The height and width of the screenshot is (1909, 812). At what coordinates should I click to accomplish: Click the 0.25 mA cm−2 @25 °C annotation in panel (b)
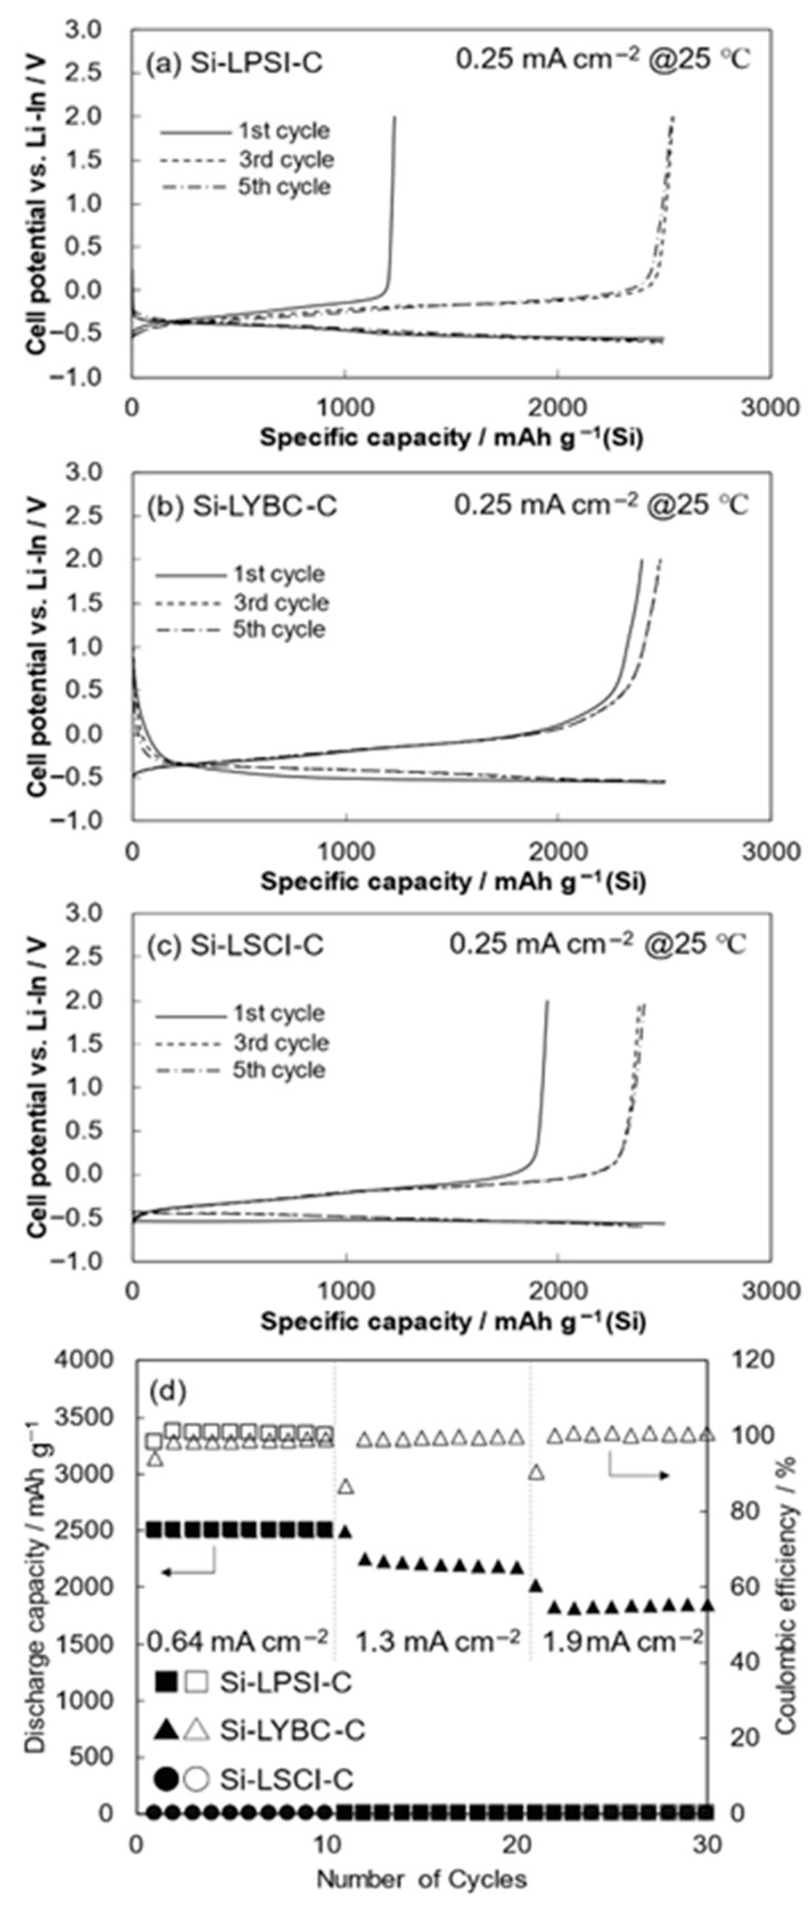601,506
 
